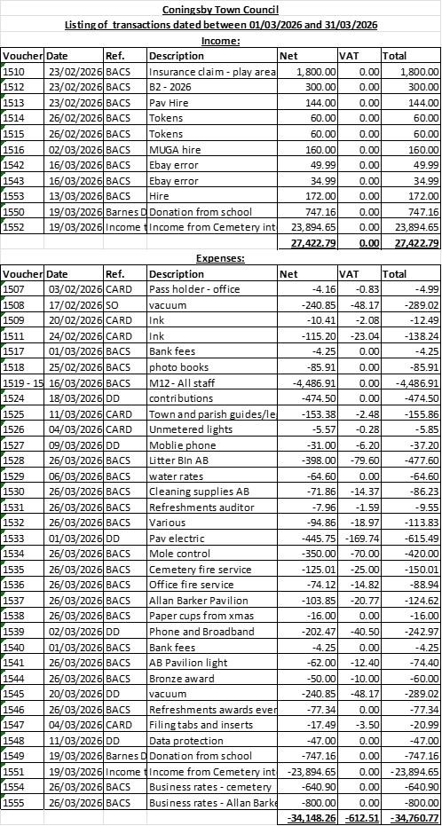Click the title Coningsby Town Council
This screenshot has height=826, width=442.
220,10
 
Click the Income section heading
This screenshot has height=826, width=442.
220,40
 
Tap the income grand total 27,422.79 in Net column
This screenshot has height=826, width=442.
307,243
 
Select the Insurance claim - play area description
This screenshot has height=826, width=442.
212,70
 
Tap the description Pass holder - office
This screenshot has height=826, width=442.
195,289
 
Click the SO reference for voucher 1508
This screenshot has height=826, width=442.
113,304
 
